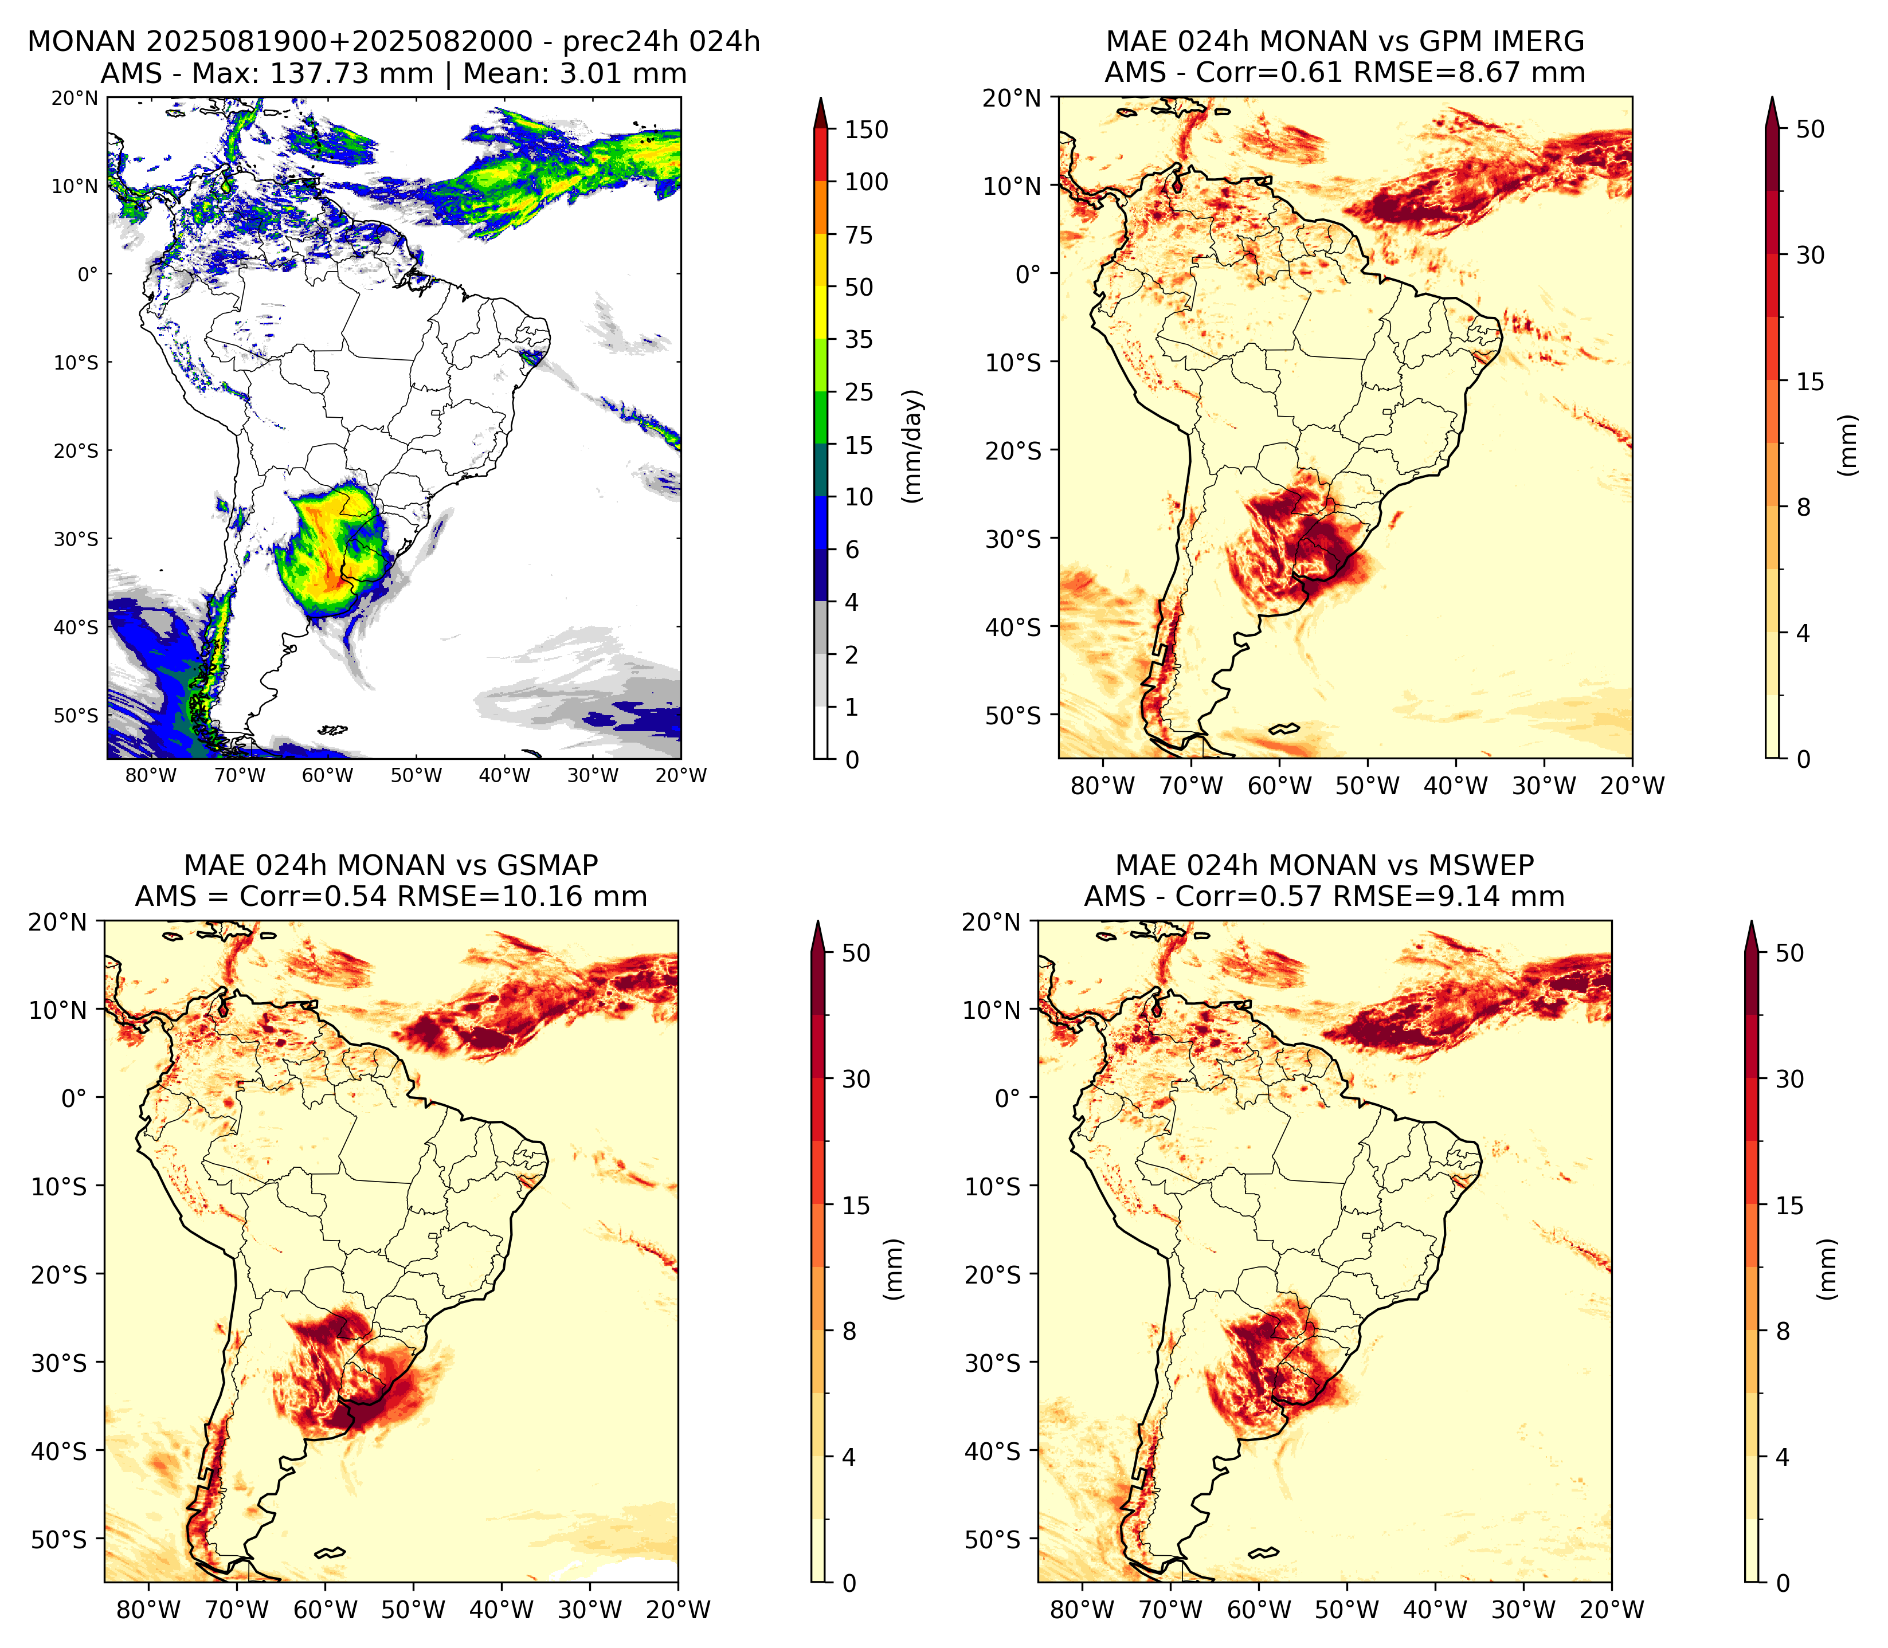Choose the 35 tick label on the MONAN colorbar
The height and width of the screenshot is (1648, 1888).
[860, 339]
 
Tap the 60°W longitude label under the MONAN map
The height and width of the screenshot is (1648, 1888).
[327, 775]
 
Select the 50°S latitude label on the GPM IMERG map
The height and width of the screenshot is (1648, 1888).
[1013, 716]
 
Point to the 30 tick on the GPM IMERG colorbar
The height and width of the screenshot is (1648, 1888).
[1811, 255]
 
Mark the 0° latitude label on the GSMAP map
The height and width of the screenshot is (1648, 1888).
[73, 1098]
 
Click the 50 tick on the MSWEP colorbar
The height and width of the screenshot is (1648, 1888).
[1789, 954]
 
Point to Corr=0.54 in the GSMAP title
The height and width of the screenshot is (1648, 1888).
[314, 897]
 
